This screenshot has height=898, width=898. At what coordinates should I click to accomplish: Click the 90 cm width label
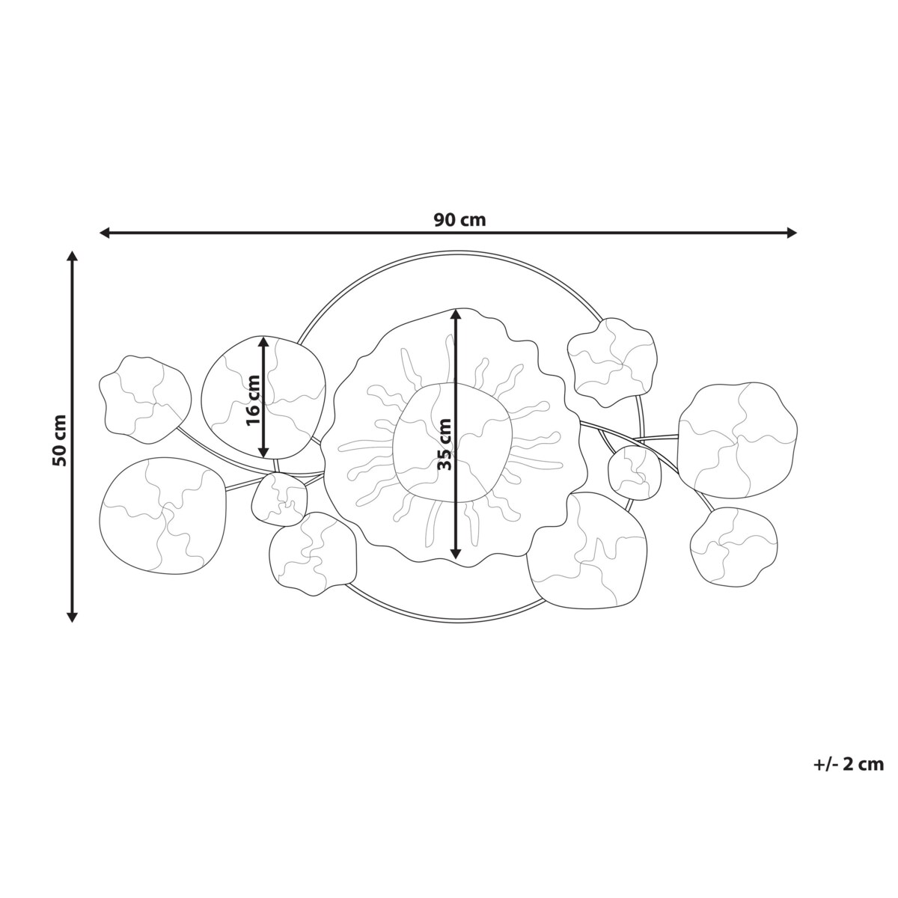[x=459, y=219]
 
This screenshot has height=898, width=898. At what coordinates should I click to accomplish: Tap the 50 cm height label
[x=60, y=440]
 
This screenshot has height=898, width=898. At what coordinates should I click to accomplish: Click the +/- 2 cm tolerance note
[x=848, y=764]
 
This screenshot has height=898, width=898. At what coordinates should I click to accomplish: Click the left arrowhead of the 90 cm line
[x=105, y=232]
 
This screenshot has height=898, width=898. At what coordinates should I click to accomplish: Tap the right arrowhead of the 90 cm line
[x=791, y=232]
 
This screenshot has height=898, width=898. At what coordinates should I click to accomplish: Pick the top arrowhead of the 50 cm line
[x=72, y=257]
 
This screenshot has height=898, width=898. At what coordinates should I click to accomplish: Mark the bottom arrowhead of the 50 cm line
[x=72, y=617]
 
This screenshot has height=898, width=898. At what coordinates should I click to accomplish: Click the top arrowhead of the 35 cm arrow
[x=455, y=314]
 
